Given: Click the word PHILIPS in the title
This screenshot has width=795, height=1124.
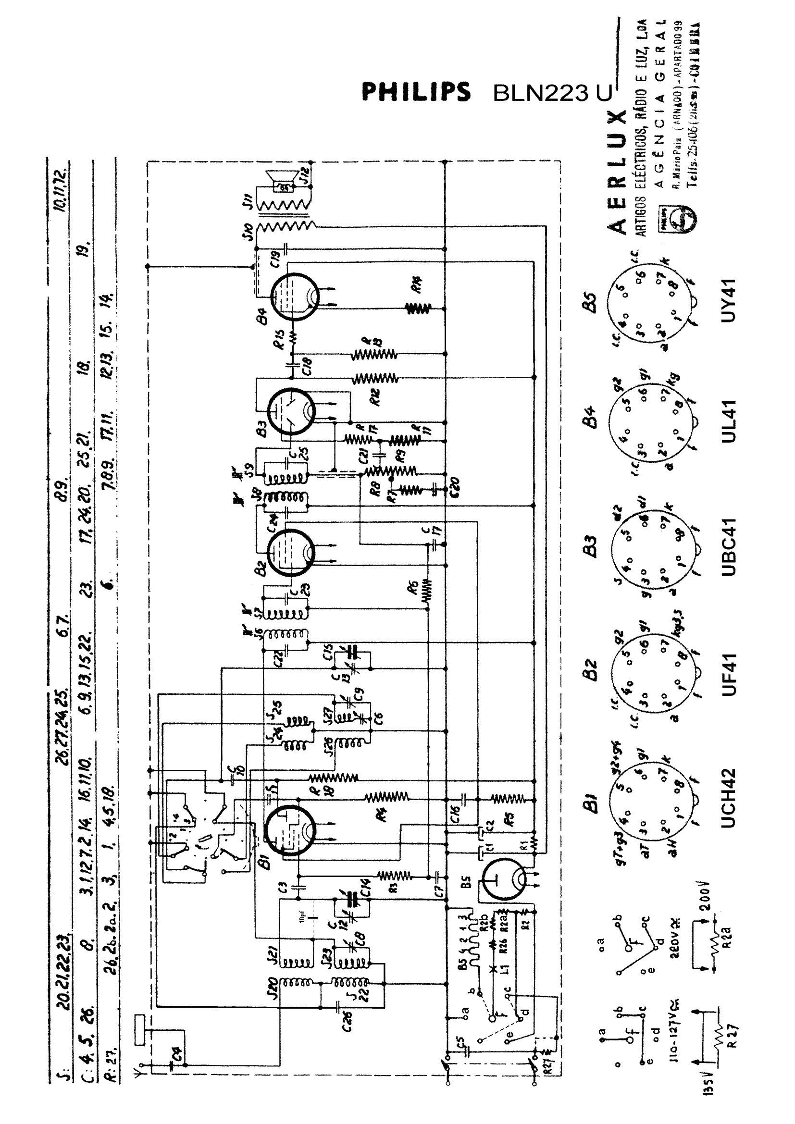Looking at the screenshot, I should click(x=416, y=92).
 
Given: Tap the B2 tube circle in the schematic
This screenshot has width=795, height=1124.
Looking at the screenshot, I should click(x=291, y=552).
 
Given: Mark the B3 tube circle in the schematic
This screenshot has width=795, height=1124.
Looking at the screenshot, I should click(x=292, y=411).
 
